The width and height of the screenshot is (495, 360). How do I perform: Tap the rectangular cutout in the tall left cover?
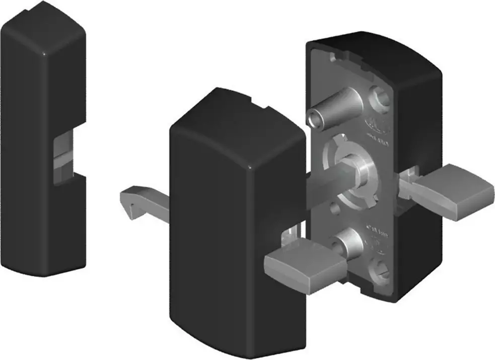pyautogui.click(x=63, y=156)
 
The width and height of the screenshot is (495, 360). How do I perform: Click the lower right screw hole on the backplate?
pyautogui.click(x=380, y=267)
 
